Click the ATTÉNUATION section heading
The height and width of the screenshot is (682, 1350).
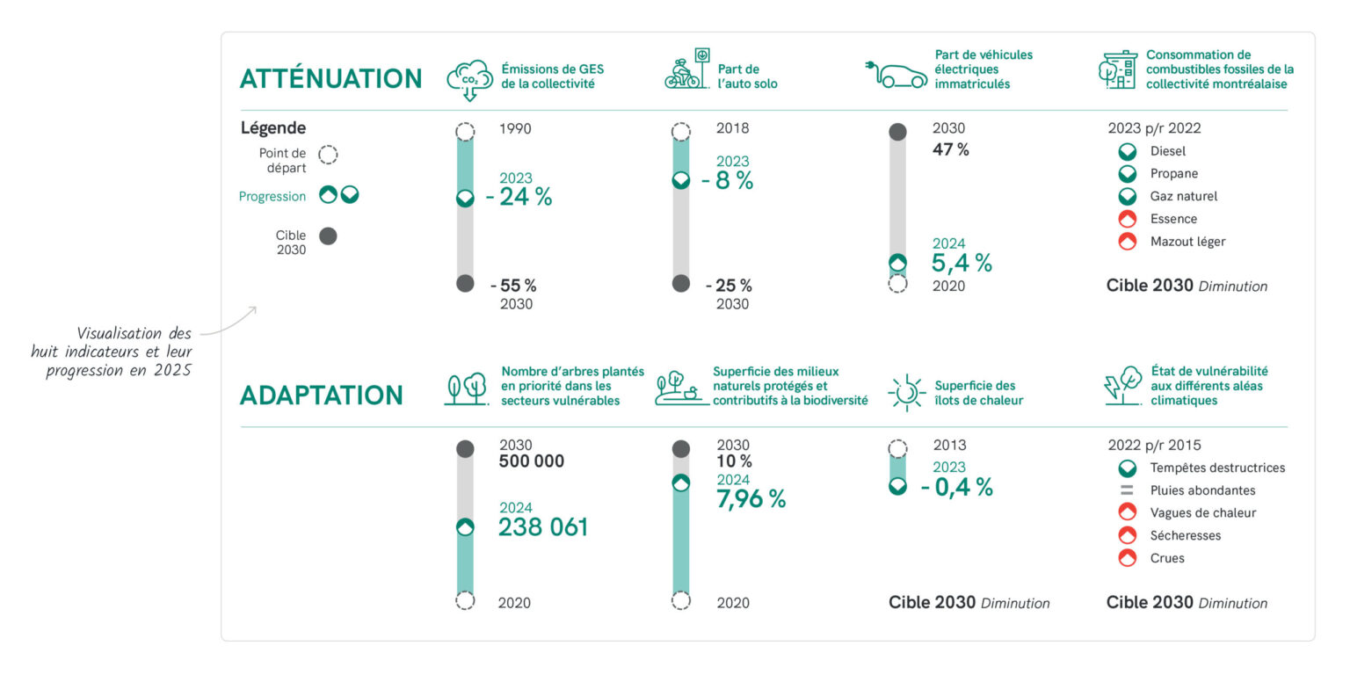click(x=330, y=79)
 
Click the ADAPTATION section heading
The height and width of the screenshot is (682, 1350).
click(x=321, y=395)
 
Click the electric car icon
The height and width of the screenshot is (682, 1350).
click(x=897, y=76)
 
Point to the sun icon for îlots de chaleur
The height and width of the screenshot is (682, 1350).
click(x=906, y=392)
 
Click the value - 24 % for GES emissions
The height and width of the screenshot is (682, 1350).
click(x=525, y=197)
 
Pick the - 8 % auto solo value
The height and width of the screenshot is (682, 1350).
click(x=734, y=180)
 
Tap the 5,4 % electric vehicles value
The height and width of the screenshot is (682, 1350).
click(x=962, y=262)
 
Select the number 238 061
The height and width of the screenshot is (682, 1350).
click(x=543, y=527)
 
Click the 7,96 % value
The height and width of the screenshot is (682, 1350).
click(x=751, y=498)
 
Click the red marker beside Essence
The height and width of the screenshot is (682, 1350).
click(x=1127, y=219)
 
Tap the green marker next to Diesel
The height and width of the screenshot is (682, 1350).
click(x=1127, y=151)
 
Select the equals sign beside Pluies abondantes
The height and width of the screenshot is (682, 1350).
click(x=1127, y=490)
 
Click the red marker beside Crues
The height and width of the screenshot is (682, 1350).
click(x=1127, y=558)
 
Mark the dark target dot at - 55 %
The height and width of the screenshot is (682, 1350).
click(x=465, y=283)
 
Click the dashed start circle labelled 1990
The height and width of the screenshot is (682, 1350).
click(x=465, y=132)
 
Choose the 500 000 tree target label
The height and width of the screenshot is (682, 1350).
click(x=531, y=461)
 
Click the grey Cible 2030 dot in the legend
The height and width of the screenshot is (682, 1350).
click(x=328, y=236)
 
